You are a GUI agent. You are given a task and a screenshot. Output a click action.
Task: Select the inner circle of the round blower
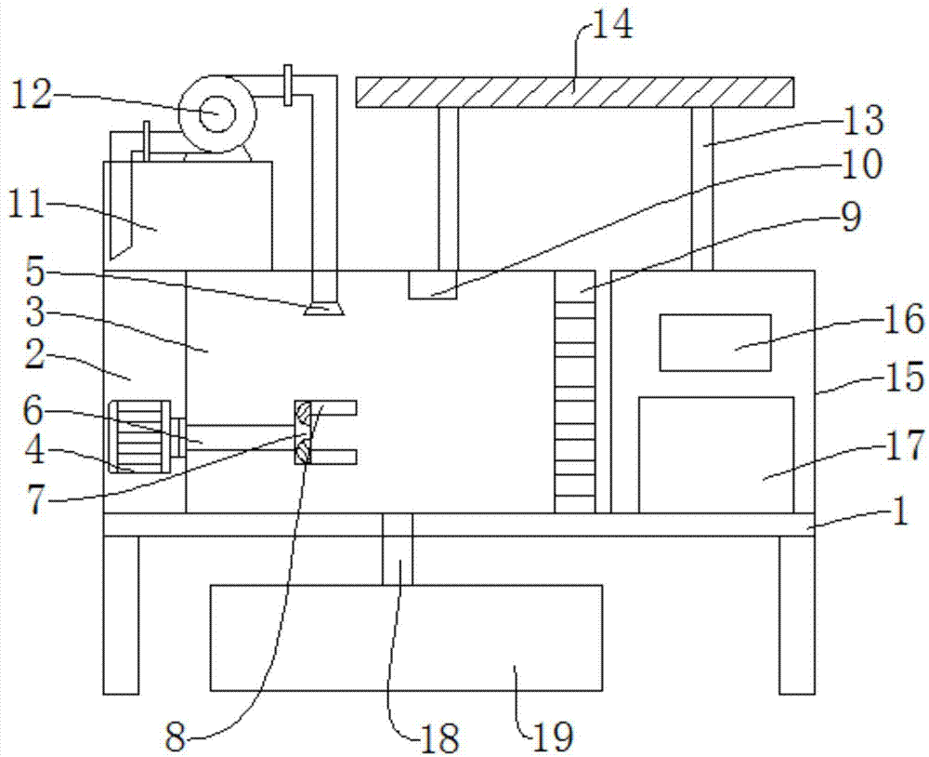tap(216, 113)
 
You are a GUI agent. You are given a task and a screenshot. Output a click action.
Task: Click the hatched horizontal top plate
tap(574, 92)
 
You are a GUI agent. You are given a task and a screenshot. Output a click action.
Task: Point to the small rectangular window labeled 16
tap(715, 342)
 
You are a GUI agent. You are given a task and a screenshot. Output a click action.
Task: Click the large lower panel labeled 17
tap(715, 455)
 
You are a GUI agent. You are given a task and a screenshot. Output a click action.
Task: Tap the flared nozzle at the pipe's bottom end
tap(324, 309)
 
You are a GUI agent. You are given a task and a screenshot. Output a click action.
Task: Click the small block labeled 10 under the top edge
tap(433, 285)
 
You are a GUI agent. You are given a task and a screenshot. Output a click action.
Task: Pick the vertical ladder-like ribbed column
tap(575, 392)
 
